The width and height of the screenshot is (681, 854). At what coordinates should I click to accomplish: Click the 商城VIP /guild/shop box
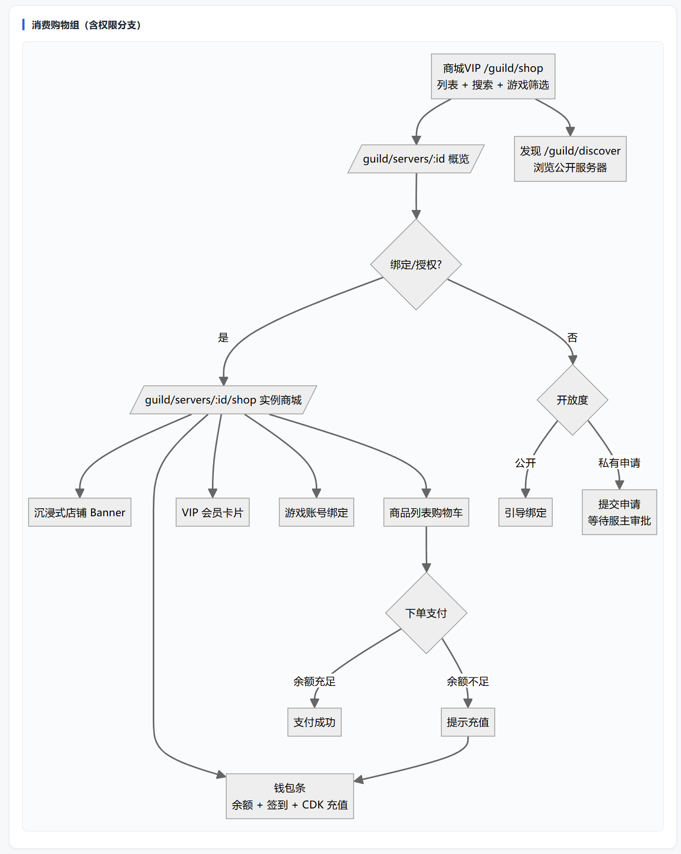493,77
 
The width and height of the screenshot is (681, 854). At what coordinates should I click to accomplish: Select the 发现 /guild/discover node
570,159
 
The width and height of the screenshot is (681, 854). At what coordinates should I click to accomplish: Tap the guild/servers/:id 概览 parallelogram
416,159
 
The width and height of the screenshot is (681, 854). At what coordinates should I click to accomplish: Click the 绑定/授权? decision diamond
416,264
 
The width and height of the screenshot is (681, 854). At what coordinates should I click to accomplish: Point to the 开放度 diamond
572,400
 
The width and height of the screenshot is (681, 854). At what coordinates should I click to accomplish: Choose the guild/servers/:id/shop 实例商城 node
223,400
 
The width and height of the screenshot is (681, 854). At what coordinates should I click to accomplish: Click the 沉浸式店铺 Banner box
79,512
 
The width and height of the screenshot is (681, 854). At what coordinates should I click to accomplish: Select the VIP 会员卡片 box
212,512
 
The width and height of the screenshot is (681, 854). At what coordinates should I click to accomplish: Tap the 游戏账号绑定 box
316,512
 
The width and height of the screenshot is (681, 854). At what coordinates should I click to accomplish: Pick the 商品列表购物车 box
426,512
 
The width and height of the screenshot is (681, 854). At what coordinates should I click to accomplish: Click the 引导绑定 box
525,512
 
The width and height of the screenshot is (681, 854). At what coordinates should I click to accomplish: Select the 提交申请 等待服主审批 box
619,512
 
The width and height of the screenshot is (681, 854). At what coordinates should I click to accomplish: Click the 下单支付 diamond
426,613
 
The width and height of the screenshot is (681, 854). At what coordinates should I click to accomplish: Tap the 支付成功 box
314,722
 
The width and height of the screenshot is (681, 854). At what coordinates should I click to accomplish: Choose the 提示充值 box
468,722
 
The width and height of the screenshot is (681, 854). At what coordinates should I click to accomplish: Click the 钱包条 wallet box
290,796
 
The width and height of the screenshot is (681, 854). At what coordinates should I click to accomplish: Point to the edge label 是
223,337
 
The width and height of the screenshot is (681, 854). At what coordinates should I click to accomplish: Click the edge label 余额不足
468,681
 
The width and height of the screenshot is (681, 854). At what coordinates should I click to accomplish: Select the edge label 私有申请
619,463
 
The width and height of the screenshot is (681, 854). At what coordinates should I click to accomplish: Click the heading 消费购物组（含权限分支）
86,25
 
